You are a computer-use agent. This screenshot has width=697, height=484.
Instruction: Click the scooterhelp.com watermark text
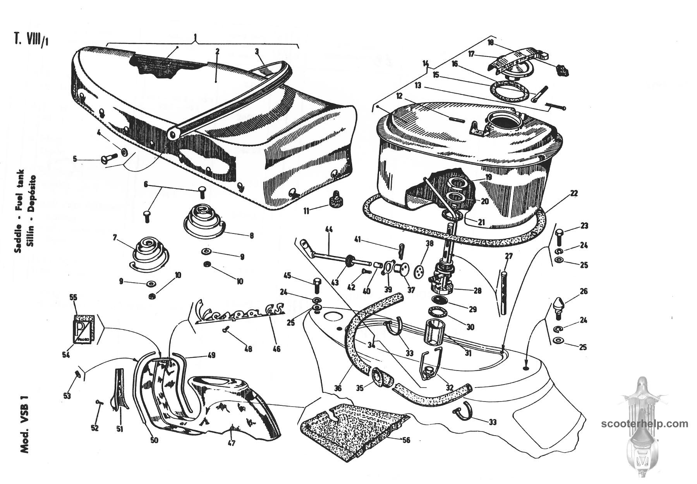tap(645, 424)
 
